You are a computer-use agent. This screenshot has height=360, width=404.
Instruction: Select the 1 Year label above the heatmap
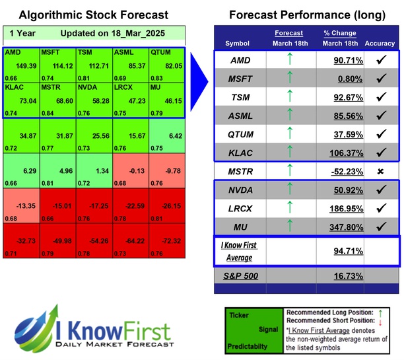click(23, 32)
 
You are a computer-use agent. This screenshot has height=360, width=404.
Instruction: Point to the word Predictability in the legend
click(248, 345)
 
